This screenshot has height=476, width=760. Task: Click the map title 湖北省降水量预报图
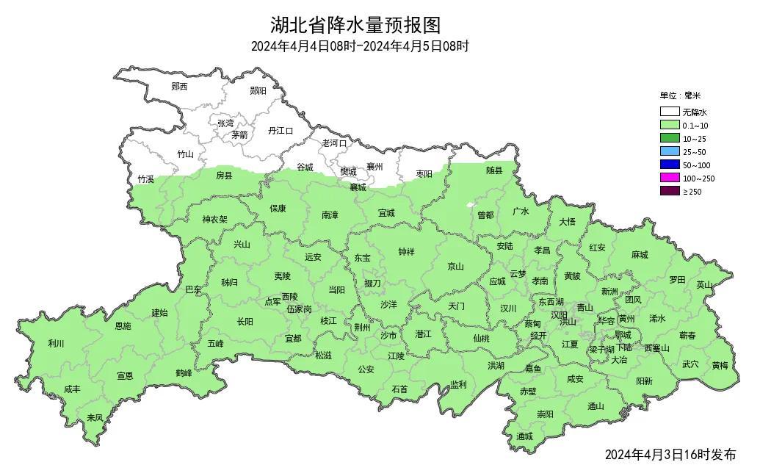click(x=355, y=25)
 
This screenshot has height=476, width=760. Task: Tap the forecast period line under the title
click(x=359, y=46)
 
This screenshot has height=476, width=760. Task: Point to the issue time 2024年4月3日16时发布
click(x=670, y=455)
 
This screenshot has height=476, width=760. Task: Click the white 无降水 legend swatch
click(x=669, y=112)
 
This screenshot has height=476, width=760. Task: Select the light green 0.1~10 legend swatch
click(x=669, y=126)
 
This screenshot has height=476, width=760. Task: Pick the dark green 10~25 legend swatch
click(x=669, y=139)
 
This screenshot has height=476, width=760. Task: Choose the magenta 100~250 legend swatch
click(x=669, y=178)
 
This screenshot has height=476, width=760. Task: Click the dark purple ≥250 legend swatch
click(x=669, y=192)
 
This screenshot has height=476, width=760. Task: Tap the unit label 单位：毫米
click(x=680, y=95)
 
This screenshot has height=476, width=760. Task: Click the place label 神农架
click(x=215, y=219)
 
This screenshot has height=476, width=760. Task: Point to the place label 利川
click(x=56, y=344)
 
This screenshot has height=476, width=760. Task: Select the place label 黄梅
click(x=719, y=365)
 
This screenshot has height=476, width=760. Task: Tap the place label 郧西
click(x=179, y=86)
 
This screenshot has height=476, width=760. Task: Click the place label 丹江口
click(x=281, y=131)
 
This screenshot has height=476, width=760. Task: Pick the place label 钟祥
click(x=406, y=252)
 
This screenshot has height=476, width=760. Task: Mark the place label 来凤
click(x=95, y=417)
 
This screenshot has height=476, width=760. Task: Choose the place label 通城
click(x=524, y=436)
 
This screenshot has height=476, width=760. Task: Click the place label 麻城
click(x=640, y=255)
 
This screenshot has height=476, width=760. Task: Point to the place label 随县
click(x=495, y=170)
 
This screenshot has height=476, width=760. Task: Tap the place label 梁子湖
click(x=601, y=350)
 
